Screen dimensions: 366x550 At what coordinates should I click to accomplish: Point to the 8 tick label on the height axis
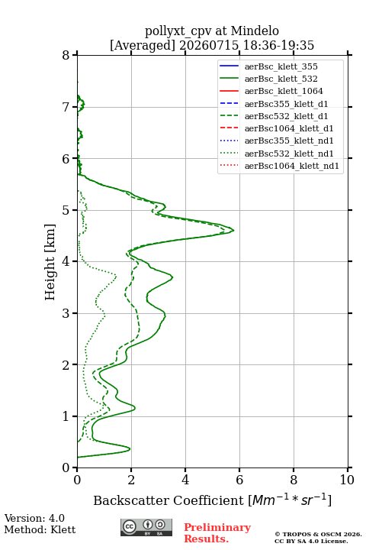coord(66,55)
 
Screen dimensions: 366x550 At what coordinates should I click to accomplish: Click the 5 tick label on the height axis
coord(66,210)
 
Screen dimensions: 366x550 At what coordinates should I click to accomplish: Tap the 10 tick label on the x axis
coord(347,480)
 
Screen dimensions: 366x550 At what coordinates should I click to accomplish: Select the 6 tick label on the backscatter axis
coord(239,480)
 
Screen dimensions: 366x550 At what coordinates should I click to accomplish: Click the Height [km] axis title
coord(50,262)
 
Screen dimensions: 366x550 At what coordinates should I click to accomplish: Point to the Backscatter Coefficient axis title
coord(212,500)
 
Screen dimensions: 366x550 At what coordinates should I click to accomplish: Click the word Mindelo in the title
coord(255,31)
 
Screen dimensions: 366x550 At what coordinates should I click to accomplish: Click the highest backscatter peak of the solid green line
coord(233,231)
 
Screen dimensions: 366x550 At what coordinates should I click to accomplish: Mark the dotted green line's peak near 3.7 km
coord(116,277)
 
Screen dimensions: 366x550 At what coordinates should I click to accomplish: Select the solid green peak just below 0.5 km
coord(130,448)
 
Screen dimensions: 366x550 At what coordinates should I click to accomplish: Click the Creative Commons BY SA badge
coord(146,527)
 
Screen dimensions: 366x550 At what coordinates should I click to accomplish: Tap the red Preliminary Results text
coord(217,533)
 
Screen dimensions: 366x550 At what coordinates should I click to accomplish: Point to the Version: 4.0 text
coord(34,518)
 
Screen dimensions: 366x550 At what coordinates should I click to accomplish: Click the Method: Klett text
coord(40,529)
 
